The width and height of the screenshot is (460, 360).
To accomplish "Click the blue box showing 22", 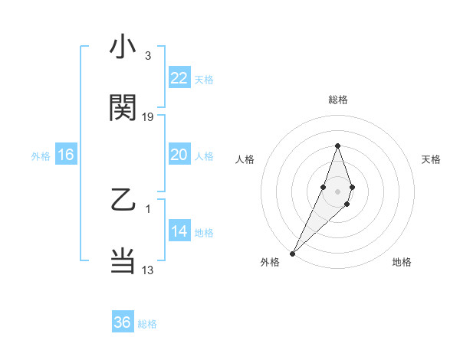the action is (x=179, y=78).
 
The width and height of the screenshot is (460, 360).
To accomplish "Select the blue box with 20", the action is (x=179, y=155).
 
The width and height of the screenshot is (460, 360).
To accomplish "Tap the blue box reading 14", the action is (x=179, y=232).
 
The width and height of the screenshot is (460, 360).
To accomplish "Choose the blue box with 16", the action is (x=66, y=155).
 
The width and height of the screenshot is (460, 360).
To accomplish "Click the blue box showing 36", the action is (x=123, y=322).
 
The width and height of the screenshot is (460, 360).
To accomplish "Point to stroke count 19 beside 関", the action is (x=149, y=117).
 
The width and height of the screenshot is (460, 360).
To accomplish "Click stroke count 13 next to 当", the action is (x=148, y=270).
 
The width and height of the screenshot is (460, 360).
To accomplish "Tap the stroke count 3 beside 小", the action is (x=148, y=57).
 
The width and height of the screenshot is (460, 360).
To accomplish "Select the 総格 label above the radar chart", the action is (x=337, y=100).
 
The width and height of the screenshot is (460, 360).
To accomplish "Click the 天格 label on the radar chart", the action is (x=432, y=159).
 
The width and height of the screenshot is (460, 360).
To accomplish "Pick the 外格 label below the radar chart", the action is (x=270, y=262).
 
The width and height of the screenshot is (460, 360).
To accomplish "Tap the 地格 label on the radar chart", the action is (x=402, y=262).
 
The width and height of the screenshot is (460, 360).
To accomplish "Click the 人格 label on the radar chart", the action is (x=245, y=159).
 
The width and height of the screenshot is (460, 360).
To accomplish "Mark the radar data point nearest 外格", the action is (x=292, y=253).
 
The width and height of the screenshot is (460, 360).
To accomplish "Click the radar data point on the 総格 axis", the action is (x=337, y=146).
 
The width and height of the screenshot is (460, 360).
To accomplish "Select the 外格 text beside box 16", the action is (x=41, y=155).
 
